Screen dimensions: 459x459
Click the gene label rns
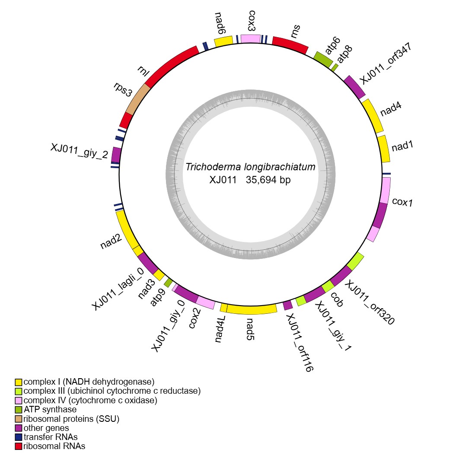(296, 31)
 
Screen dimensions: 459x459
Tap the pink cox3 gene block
(251, 38)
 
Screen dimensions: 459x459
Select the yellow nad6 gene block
(224, 41)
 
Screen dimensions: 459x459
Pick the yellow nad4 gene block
(372, 116)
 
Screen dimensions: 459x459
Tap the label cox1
(402, 202)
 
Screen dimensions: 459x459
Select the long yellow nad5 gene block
(252, 309)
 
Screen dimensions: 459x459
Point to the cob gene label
(337, 299)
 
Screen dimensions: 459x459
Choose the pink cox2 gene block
(205, 303)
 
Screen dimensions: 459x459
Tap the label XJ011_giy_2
(79, 151)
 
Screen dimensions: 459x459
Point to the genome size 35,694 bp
(268, 180)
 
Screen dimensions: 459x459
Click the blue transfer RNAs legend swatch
(18, 437)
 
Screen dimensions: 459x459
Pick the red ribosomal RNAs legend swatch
(18, 446)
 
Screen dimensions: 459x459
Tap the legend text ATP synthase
(50, 409)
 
